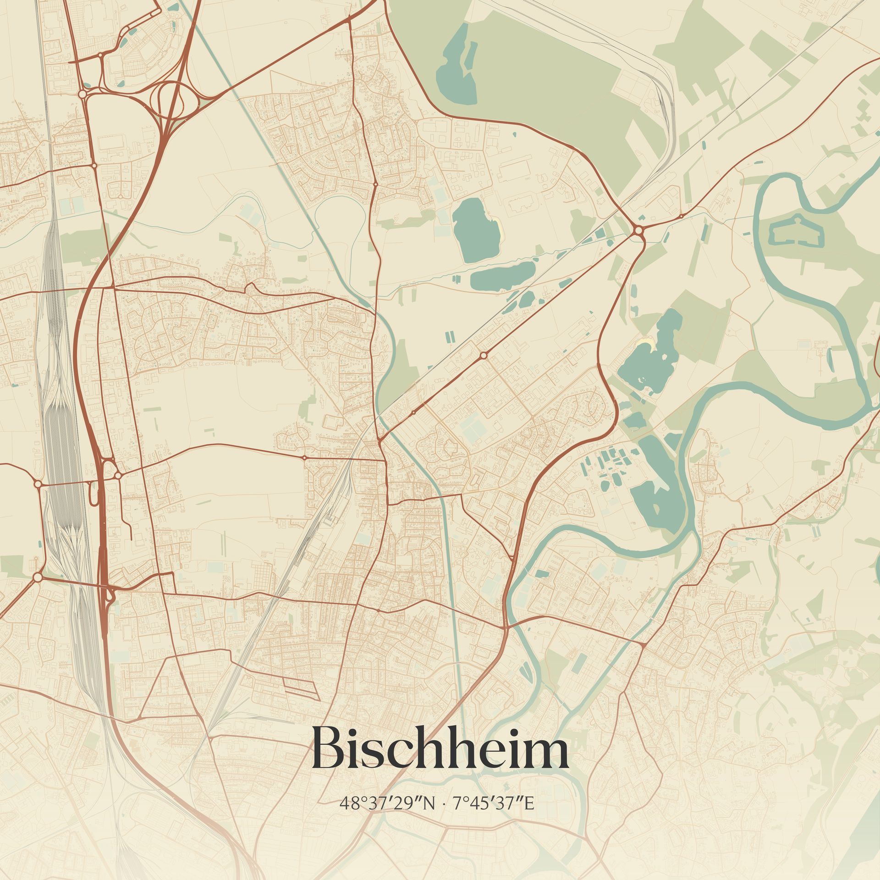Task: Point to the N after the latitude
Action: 429,817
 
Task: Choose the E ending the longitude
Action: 529,817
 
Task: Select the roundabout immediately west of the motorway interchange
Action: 82,94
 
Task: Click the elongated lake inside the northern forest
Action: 456,69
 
